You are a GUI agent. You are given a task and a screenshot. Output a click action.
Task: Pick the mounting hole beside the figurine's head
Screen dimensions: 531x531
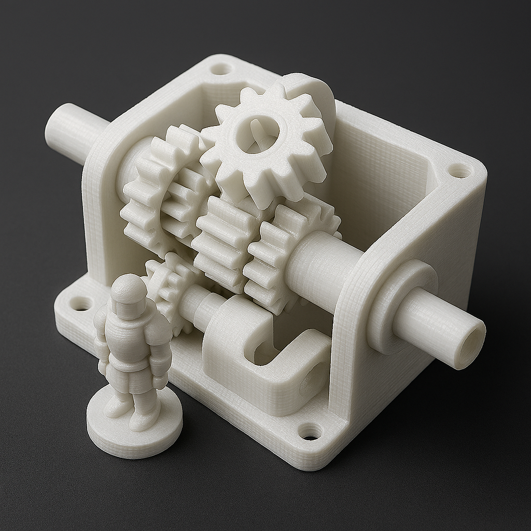pyautogui.click(x=81, y=303)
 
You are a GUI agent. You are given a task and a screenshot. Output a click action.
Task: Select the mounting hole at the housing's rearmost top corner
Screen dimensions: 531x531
pyautogui.click(x=221, y=68)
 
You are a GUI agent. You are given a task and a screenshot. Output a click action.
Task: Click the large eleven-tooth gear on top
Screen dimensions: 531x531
pyautogui.click(x=264, y=140)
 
